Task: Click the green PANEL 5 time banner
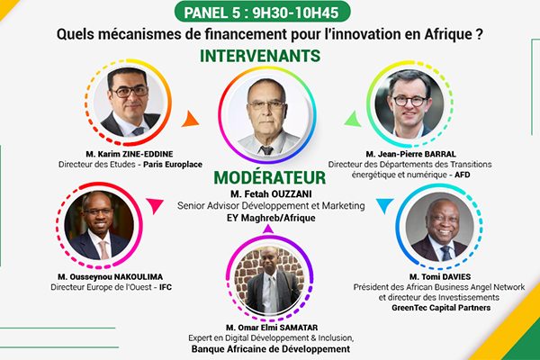pos(263,13)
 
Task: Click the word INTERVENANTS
pos(260,56)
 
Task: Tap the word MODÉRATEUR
pos(270,178)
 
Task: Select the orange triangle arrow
pos(191,119)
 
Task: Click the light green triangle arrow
pos(353,119)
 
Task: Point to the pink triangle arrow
pos(155,206)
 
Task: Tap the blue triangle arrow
pos(384,206)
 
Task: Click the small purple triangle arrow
pos(268,229)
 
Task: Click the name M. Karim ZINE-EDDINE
pos(130,154)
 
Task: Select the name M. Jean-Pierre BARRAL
pos(411,154)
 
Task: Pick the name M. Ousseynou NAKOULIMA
pos(110,276)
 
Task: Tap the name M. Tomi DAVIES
pos(440,276)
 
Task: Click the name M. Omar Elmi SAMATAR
pos(272,328)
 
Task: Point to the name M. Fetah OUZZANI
pos(271,194)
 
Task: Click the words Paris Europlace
pos(173,165)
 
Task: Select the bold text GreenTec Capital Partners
pos(441,308)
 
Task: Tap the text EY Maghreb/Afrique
pos(271,218)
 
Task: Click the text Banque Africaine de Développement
pos(271,349)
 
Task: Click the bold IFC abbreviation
pos(166,287)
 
